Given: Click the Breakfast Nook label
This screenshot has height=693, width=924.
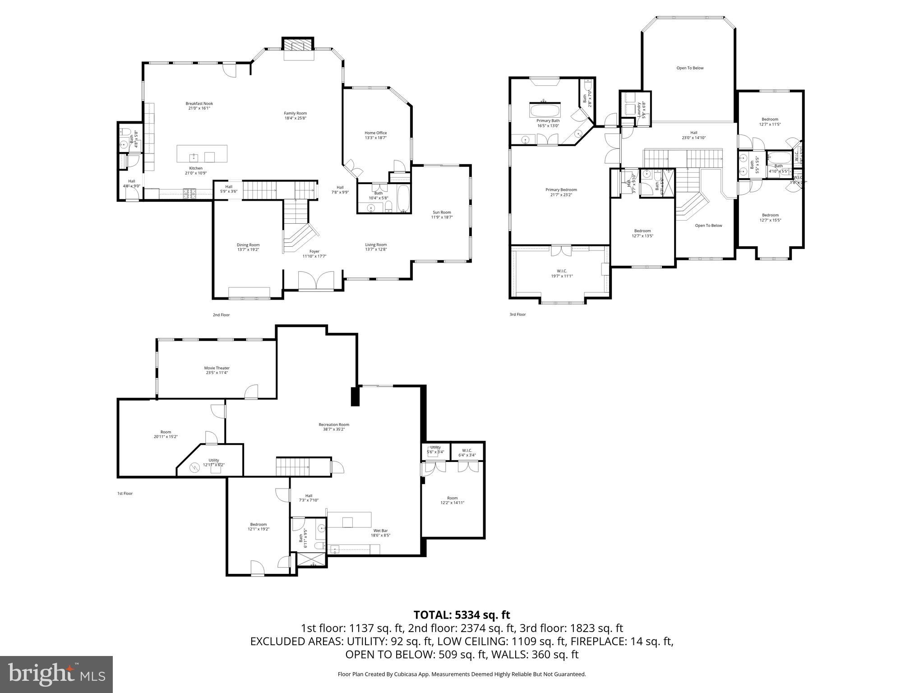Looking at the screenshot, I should pyautogui.click(x=199, y=106).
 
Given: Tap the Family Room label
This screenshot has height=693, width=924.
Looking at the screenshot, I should pyautogui.click(x=295, y=115).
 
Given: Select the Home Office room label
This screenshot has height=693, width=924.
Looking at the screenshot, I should pyautogui.click(x=375, y=135).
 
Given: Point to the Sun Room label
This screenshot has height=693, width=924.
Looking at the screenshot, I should pyautogui.click(x=442, y=214).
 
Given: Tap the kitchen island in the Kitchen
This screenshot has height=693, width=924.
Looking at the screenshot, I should pyautogui.click(x=202, y=154).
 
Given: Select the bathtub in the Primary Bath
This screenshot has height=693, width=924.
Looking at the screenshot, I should pyautogui.click(x=544, y=111).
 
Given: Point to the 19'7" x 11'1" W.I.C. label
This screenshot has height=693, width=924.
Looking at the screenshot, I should pyautogui.click(x=559, y=273).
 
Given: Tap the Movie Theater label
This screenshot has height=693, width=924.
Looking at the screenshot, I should pyautogui.click(x=217, y=370).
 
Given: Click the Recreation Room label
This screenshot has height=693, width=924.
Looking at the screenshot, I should pyautogui.click(x=334, y=427).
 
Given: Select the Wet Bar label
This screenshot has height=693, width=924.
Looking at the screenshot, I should pyautogui.click(x=380, y=533).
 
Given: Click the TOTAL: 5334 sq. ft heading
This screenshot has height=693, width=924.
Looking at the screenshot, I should pyautogui.click(x=462, y=614).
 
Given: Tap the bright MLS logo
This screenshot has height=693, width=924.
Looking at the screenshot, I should pyautogui.click(x=56, y=675).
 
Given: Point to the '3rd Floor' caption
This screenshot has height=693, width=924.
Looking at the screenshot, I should pyautogui.click(x=517, y=314).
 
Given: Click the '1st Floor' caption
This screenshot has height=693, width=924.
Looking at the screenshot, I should pyautogui.click(x=125, y=494).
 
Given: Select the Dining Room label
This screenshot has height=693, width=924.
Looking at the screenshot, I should pyautogui.click(x=248, y=247).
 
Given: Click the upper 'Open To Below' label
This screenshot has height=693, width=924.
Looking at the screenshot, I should pyautogui.click(x=690, y=68).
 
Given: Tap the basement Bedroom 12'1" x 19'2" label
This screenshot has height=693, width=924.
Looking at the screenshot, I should pyautogui.click(x=258, y=527).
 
